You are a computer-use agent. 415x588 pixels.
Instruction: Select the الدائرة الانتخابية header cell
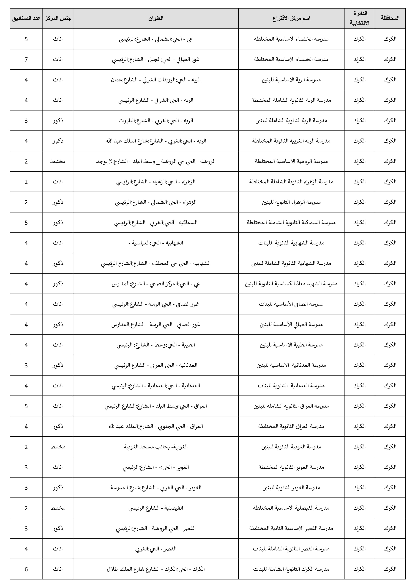(x=359, y=18)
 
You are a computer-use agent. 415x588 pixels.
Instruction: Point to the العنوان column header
(x=155, y=18)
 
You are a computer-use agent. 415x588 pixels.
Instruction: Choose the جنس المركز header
(x=58, y=18)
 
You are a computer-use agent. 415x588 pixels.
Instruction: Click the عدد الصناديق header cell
(x=26, y=18)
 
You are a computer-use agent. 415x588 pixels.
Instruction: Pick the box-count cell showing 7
(x=26, y=59)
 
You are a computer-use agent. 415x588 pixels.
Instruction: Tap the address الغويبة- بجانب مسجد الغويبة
(x=155, y=447)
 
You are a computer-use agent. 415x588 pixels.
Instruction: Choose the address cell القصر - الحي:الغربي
(x=155, y=549)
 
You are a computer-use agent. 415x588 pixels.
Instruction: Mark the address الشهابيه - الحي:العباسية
(x=155, y=243)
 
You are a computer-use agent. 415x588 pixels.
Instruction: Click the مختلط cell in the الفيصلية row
(x=58, y=508)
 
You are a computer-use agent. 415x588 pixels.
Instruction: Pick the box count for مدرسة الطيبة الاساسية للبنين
(x=26, y=345)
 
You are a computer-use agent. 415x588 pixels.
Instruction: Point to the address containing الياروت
(x=155, y=121)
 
